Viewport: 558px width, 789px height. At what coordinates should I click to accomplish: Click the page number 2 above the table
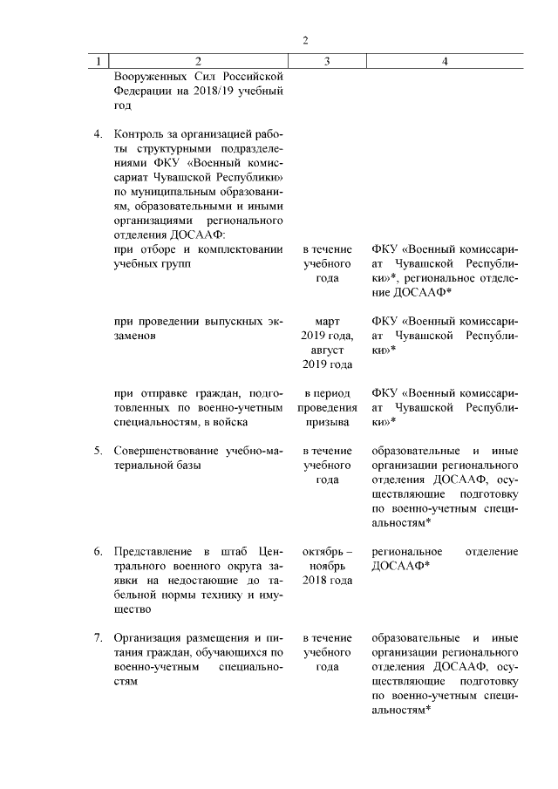(x=306, y=40)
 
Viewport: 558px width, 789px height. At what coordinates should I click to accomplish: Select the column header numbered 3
(x=327, y=62)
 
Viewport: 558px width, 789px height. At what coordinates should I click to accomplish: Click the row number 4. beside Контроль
(x=99, y=135)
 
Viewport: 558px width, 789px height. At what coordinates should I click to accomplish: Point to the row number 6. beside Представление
(x=99, y=552)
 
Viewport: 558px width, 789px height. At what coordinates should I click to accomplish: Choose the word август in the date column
(x=327, y=350)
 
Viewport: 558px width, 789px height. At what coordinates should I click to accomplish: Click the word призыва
(x=327, y=422)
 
